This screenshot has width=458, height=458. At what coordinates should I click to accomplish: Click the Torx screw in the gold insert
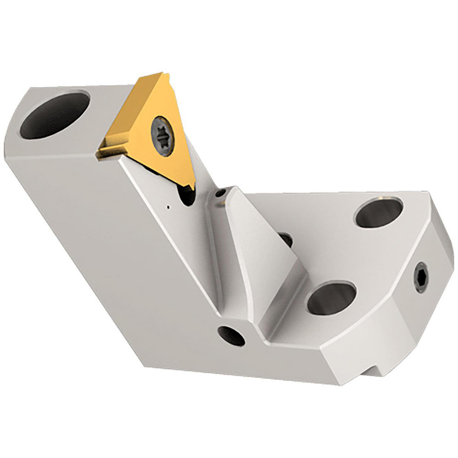tap(162, 136)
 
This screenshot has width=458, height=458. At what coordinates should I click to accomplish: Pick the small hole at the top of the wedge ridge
tap(221, 194)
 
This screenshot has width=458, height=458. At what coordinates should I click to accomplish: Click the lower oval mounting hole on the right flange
tap(331, 297)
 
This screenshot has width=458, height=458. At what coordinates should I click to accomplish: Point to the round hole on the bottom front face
tap(231, 336)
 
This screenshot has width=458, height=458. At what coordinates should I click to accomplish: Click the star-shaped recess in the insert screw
tap(162, 136)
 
